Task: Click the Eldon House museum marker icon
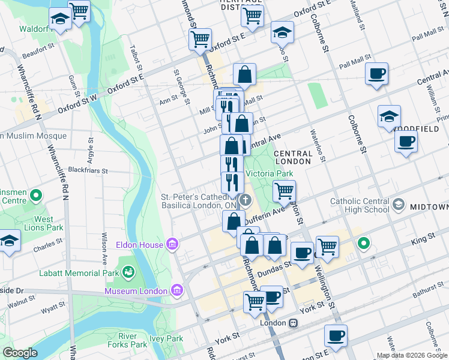(x=172, y=245)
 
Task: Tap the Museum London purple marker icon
(x=176, y=291)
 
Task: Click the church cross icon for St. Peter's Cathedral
(x=244, y=199)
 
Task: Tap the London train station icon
(x=293, y=323)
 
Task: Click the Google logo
(x=20, y=353)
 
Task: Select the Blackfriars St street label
(x=87, y=170)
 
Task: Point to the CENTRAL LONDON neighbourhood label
(x=293, y=158)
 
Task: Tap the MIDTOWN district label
(x=429, y=207)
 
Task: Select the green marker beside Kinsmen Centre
(x=36, y=195)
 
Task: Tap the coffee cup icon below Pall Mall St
(x=376, y=74)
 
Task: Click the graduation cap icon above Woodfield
(x=389, y=117)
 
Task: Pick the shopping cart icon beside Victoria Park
(x=284, y=191)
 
